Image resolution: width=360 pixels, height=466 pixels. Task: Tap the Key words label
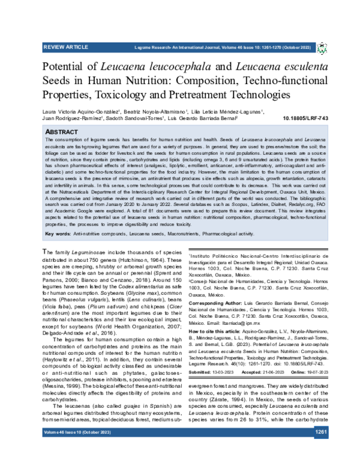point(58,216)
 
